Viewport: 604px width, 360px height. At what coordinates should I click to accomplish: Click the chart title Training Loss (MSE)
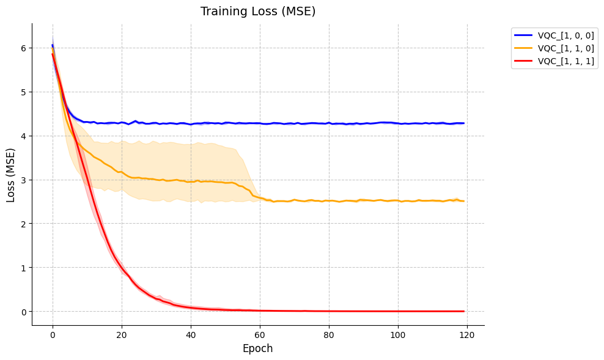pyautogui.click(x=258, y=12)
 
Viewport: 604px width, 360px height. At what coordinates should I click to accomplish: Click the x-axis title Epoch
pyautogui.click(x=258, y=348)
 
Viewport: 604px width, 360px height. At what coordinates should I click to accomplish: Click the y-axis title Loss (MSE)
pyautogui.click(x=11, y=174)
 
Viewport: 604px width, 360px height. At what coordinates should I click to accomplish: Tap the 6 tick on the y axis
pyautogui.click(x=23, y=48)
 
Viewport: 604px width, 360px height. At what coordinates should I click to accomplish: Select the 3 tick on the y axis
pyautogui.click(x=23, y=180)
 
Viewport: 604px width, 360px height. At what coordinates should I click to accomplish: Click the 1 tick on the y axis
pyautogui.click(x=23, y=268)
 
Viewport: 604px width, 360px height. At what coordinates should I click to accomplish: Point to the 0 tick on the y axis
pyautogui.click(x=23, y=312)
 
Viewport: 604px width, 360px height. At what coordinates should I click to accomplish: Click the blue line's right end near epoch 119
pyautogui.click(x=463, y=123)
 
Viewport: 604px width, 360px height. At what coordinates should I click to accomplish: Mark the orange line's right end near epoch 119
pyautogui.click(x=463, y=201)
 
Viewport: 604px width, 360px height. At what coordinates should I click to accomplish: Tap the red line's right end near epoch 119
pyautogui.click(x=463, y=311)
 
